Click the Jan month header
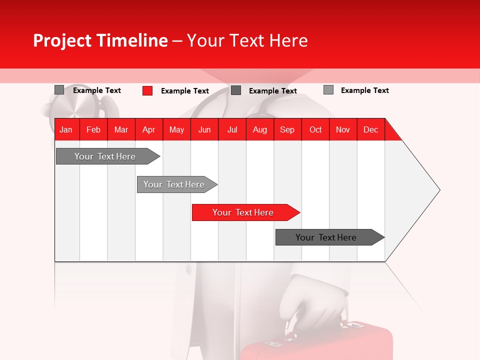tap(66, 129)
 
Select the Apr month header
tap(148, 129)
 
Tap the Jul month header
tap(232, 129)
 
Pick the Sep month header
tap(287, 129)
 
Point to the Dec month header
tap(370, 129)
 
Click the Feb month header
tap(93, 129)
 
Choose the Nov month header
tap(342, 129)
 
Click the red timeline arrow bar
tap(245, 212)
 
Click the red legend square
tap(147, 90)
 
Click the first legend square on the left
tap(59, 90)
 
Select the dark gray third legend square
tap(236, 90)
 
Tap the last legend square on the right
tap(328, 90)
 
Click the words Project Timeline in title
tap(100, 40)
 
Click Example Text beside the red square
tap(184, 91)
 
